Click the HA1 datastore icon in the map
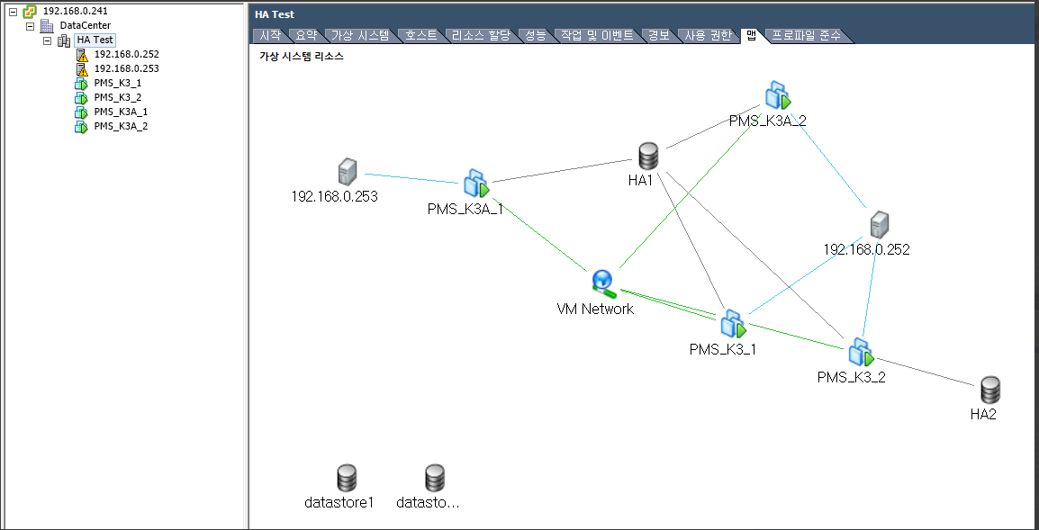[x=647, y=156]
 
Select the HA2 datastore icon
[x=990, y=390]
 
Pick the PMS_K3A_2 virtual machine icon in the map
[x=777, y=94]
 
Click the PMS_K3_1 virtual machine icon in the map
[x=733, y=323]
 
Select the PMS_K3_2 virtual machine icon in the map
[x=861, y=351]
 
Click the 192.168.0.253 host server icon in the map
[x=347, y=171]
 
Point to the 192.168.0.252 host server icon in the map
[x=879, y=225]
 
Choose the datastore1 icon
[x=347, y=478]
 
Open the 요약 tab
[x=305, y=36]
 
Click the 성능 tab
[x=535, y=36]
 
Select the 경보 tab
[x=658, y=36]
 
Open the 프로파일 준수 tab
[x=805, y=36]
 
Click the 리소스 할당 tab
[x=480, y=36]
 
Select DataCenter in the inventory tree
[x=85, y=25]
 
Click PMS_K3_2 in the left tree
[x=117, y=97]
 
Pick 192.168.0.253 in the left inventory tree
[x=126, y=68]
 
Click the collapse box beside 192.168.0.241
[x=13, y=11]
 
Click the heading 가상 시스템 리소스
[x=301, y=56]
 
